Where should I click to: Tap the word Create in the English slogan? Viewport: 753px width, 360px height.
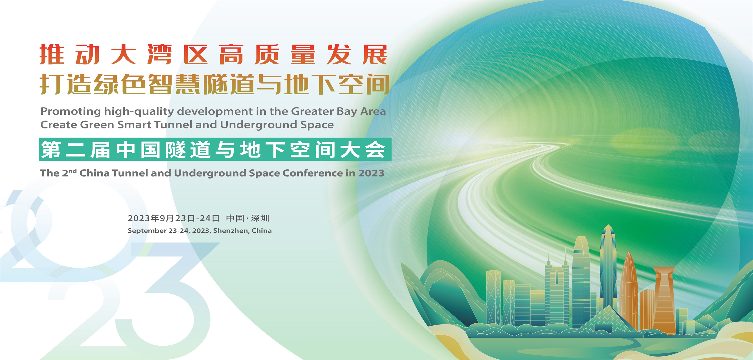[x=59, y=125]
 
